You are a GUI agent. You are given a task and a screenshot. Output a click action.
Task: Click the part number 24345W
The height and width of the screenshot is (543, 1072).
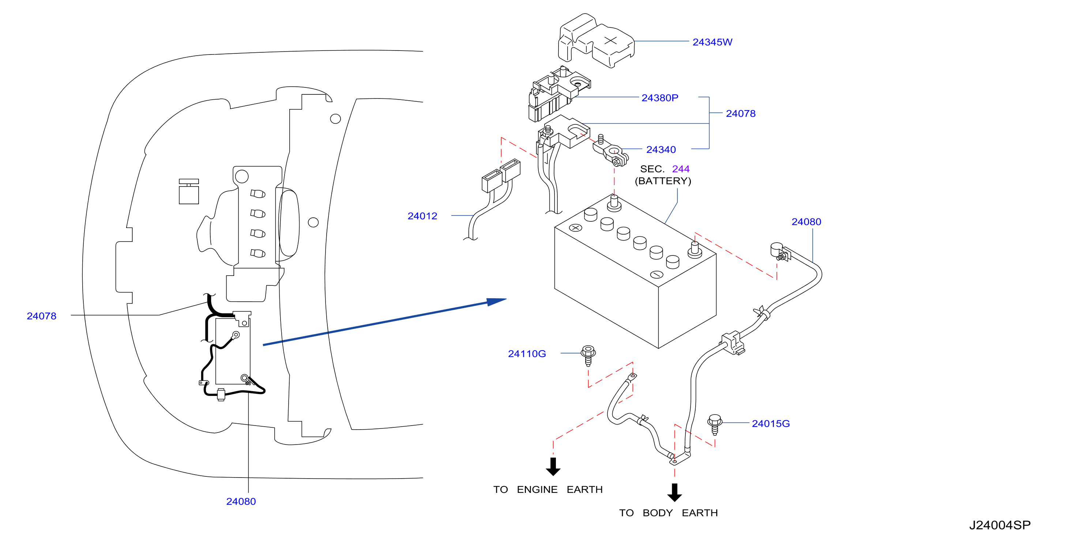pos(712,42)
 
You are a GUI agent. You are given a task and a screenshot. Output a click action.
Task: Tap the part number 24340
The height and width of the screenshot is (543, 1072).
pos(661,150)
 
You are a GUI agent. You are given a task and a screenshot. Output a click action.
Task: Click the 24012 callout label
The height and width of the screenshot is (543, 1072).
pos(422,216)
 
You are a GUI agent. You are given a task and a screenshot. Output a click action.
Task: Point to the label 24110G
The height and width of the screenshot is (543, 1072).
pos(527,353)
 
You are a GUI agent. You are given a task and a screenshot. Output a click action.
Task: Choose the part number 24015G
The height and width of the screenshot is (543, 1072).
pos(771,423)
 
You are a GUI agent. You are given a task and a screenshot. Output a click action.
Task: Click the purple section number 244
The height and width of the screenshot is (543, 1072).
pos(681,169)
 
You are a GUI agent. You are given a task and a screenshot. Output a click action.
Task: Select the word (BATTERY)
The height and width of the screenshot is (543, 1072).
pos(663,181)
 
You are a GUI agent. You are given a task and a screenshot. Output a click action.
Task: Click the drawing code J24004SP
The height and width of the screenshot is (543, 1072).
pos(1000,525)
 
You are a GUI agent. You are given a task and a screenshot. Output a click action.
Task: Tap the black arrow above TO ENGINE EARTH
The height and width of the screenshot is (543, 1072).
pos(553,467)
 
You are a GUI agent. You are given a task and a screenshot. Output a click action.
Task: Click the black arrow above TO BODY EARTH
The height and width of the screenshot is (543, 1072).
pos(674,492)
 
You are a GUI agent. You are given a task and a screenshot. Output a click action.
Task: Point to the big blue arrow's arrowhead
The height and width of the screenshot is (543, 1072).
pos(496,302)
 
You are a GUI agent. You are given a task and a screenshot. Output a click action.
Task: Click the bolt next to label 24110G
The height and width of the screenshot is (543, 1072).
pos(588,355)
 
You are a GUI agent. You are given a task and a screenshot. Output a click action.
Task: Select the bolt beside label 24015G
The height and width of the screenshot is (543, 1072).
pos(715,424)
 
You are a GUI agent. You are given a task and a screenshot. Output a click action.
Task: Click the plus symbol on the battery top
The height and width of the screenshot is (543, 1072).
pos(576,228)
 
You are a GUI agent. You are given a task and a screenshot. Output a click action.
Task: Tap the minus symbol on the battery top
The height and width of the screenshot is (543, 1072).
pos(656,274)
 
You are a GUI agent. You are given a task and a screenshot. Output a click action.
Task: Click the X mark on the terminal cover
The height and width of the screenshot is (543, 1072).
pos(610,40)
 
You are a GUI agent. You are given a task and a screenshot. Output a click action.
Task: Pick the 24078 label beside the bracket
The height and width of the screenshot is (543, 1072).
pos(741,114)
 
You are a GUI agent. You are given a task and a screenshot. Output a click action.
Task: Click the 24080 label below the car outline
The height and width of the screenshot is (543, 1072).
pos(241,501)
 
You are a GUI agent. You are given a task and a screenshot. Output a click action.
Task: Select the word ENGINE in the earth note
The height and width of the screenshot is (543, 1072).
pos(537,489)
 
